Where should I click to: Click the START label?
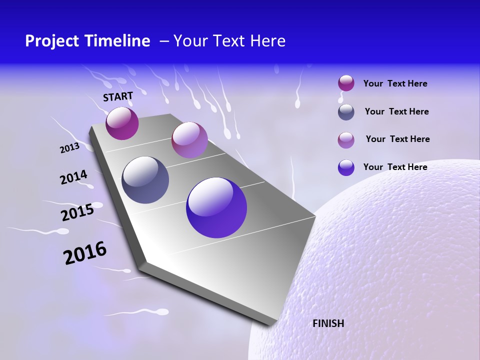(118, 96)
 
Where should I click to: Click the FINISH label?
(328, 323)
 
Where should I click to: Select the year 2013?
(69, 148)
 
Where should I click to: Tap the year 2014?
(73, 177)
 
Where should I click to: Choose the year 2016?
(85, 253)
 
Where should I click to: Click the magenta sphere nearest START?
(122, 123)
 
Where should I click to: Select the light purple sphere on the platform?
(189, 140)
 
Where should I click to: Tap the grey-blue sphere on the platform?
(145, 180)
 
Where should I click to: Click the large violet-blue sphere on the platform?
(216, 207)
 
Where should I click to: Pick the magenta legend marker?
(346, 83)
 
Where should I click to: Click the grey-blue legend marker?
(346, 112)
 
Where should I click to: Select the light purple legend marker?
(346, 139)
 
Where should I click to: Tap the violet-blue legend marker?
(346, 167)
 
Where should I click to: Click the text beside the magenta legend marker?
(395, 84)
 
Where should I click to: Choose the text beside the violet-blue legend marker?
(395, 167)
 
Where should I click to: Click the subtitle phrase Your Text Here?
(229, 41)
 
